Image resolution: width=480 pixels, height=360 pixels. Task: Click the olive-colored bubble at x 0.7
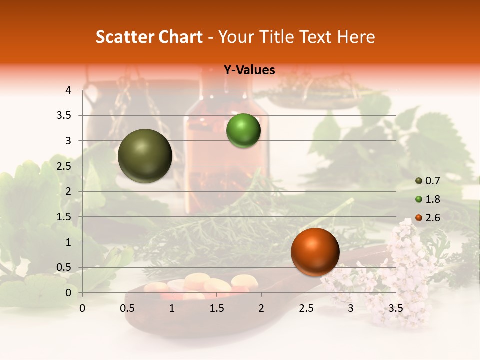tap(145, 156)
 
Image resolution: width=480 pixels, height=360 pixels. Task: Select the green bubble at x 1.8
tap(243, 131)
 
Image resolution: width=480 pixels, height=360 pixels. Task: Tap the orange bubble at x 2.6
tap(315, 252)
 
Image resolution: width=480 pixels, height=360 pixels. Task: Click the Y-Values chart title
tap(249, 70)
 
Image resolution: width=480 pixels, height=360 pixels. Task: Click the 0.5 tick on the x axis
tap(127, 308)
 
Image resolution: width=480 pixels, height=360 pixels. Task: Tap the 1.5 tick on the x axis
tap(217, 308)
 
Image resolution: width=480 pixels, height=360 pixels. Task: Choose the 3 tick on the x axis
tap(351, 308)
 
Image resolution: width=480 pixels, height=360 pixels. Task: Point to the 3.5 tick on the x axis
tap(395, 308)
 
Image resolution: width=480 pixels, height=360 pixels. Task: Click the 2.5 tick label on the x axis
tap(306, 308)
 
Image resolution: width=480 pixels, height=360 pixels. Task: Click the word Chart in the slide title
tap(180, 36)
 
